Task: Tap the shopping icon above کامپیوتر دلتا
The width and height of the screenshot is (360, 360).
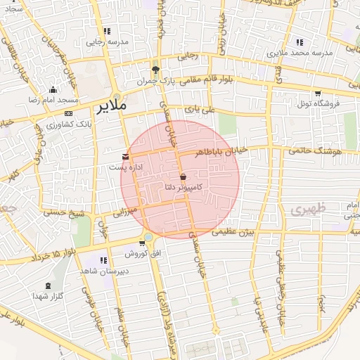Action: click(184, 177)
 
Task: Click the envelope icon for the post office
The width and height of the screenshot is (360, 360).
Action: click(125, 155)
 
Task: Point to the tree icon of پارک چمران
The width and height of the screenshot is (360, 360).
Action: click(155, 70)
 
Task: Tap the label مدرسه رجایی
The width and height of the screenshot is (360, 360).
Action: click(107, 42)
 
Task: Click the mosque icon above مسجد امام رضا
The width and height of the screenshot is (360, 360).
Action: click(53, 89)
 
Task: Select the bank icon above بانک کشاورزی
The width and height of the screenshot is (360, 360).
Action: click(68, 113)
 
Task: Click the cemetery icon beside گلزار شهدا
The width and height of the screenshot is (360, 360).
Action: click(48, 285)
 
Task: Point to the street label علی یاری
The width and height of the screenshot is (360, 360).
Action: click(198, 110)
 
